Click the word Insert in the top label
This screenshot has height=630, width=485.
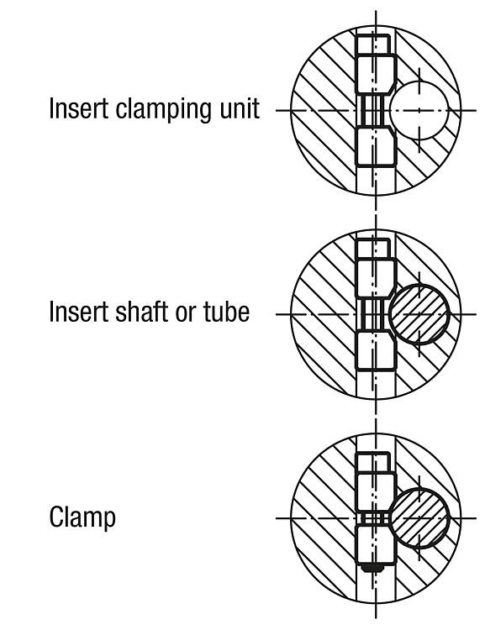pos(78,108)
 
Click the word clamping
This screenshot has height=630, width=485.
pos(164,109)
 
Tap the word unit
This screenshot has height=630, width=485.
pos(240,108)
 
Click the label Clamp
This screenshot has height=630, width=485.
pos(82,517)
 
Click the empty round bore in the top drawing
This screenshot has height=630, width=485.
pos(419,110)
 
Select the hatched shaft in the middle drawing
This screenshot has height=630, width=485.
pos(419,314)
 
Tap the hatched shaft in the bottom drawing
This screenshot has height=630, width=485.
pos(419,518)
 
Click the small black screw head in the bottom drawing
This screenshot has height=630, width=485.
pos(372,568)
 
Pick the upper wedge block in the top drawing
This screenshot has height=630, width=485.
pos(375,75)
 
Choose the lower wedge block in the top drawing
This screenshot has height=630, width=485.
pos(375,146)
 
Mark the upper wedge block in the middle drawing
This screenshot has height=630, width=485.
pos(375,279)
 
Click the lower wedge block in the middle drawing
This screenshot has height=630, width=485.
pos(375,350)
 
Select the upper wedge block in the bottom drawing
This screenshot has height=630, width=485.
pos(375,492)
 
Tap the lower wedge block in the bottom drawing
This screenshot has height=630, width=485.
pos(375,545)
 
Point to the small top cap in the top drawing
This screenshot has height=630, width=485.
pos(373,45)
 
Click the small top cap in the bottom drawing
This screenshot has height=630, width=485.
pos(373,463)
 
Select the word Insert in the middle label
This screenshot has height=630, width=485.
pos(78,312)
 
